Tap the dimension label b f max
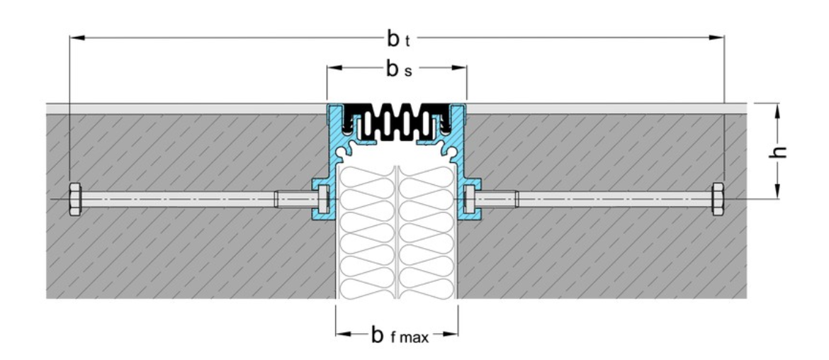coord(399,334)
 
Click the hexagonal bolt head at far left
coord(75,199)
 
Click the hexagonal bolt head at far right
coord(718,198)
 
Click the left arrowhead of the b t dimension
coord(74,36)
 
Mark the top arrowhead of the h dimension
coord(778,108)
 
